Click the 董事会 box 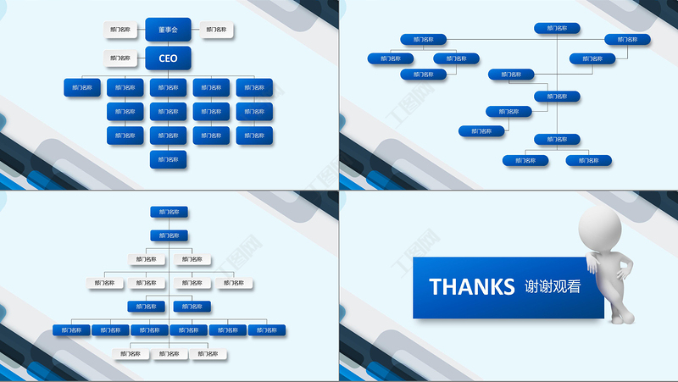[x=168, y=30]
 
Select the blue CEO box [x=168, y=58]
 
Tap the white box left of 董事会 [x=121, y=30]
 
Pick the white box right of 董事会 [x=217, y=30]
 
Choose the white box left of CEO [x=121, y=58]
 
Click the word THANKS [x=471, y=286]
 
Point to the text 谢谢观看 [x=553, y=286]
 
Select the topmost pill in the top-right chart [x=557, y=28]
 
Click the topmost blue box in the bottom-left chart [x=169, y=212]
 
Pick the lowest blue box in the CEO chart [x=169, y=158]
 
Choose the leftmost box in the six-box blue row [x=71, y=329]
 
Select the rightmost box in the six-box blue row [x=267, y=329]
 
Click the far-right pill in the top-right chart [x=627, y=39]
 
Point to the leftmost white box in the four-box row [x=105, y=283]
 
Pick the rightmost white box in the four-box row [x=236, y=283]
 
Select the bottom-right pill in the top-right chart [x=588, y=159]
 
